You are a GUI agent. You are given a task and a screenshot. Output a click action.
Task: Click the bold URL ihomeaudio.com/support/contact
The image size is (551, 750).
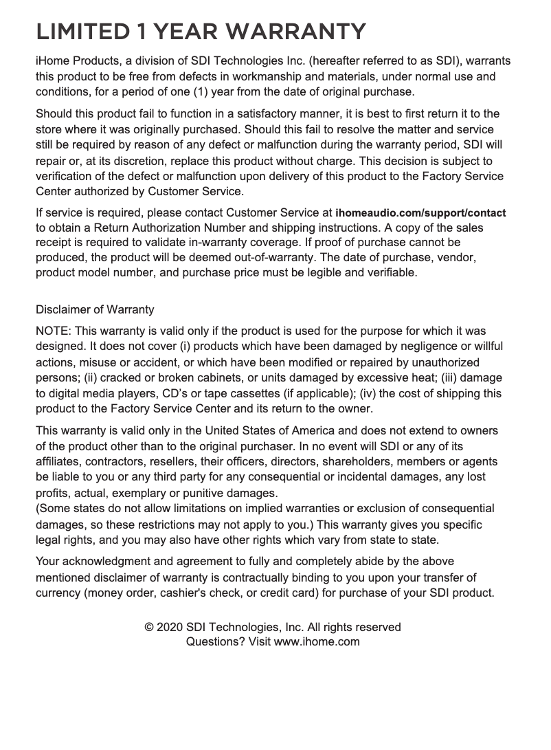coord(421,213)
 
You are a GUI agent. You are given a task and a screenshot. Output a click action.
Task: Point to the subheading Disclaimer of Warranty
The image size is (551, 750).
coord(95,310)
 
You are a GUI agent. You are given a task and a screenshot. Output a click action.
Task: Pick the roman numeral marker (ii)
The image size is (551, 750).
coord(90,378)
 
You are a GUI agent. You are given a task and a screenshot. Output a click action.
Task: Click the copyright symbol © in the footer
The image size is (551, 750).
coord(148,628)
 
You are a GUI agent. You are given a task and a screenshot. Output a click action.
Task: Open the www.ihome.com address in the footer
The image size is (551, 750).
coord(317,642)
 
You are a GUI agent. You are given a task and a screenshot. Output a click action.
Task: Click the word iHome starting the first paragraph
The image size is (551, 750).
coord(53,61)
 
